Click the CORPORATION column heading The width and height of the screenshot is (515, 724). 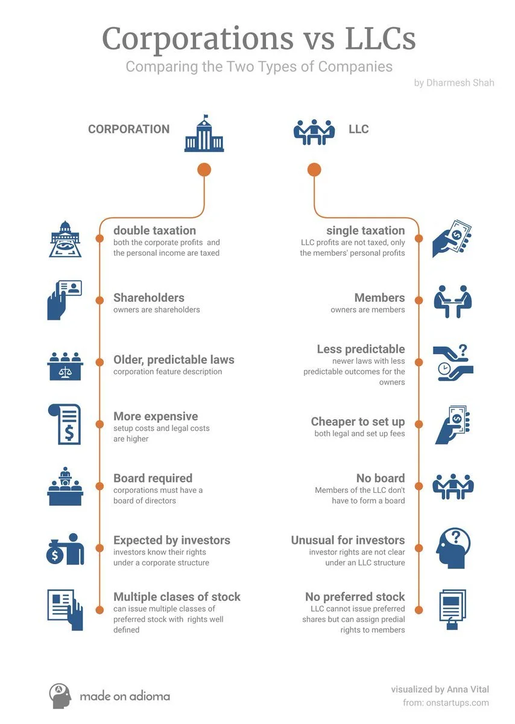[x=128, y=129]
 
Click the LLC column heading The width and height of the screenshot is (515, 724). [x=358, y=129]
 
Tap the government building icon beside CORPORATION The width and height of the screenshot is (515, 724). [x=204, y=133]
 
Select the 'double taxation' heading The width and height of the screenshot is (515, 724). [x=154, y=230]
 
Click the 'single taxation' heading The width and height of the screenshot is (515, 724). [x=365, y=230]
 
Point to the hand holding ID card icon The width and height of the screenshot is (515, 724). [x=64, y=299]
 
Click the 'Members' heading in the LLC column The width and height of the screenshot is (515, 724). [x=379, y=297]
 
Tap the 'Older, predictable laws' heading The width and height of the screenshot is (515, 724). [x=174, y=360]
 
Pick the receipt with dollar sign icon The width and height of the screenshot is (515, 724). [x=64, y=424]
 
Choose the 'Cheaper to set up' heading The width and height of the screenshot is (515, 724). [x=358, y=422]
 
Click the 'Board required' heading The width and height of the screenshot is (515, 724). [x=153, y=478]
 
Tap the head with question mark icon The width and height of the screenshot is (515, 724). [x=453, y=548]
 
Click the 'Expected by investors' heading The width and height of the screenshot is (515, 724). [x=172, y=540]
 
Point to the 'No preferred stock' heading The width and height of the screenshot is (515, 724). [x=355, y=597]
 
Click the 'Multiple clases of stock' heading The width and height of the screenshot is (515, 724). [x=177, y=597]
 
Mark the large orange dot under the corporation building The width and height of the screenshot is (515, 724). [x=204, y=170]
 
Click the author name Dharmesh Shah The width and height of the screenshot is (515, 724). [x=454, y=83]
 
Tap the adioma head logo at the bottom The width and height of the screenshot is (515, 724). [x=60, y=696]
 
